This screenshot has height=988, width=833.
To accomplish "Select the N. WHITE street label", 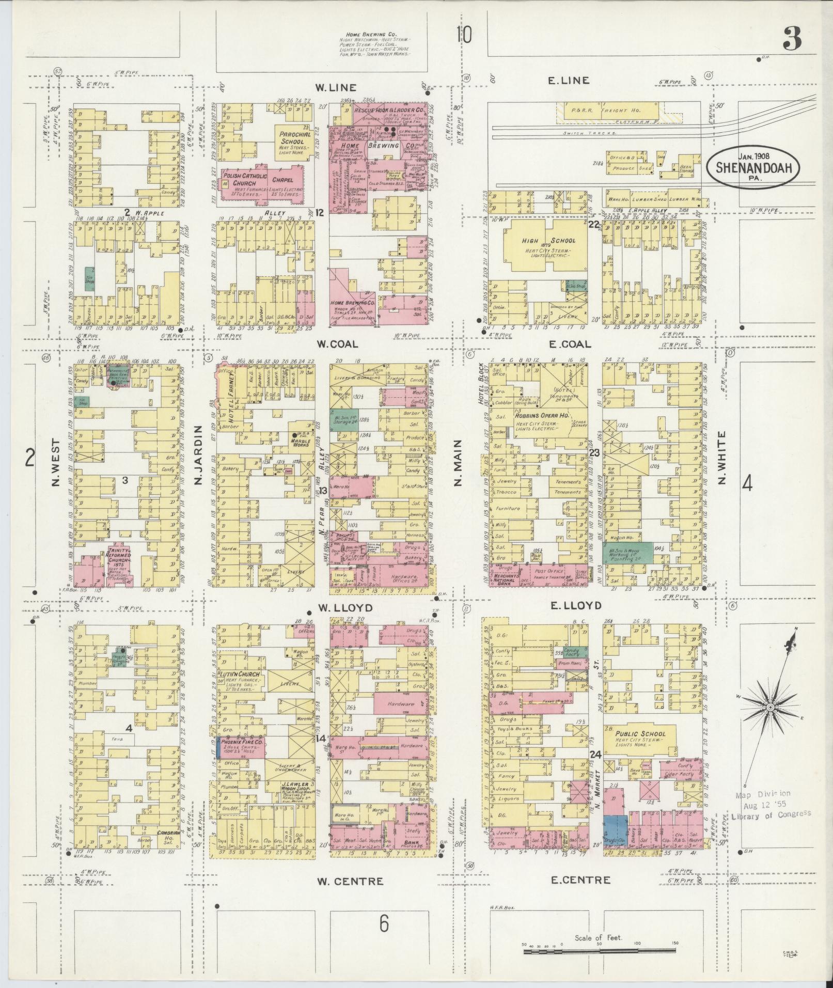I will (x=721, y=458).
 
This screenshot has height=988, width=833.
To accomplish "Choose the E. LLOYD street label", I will (x=576, y=605).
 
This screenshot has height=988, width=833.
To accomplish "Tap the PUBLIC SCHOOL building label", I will (x=640, y=733).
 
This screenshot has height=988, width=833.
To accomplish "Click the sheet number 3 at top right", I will (x=792, y=39).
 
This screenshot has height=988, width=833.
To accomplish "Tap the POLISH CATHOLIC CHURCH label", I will (x=245, y=180).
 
